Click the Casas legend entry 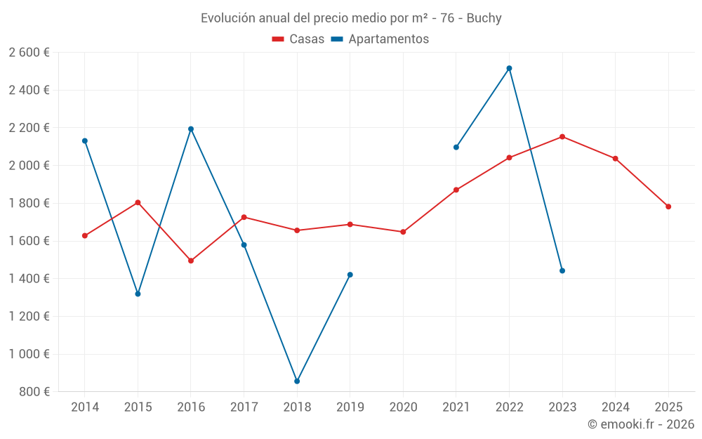tap(298, 39)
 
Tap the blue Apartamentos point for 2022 tap(509, 68)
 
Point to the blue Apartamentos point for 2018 tap(297, 381)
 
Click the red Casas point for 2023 tap(562, 136)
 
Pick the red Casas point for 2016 tap(191, 261)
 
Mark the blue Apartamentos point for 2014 tap(85, 140)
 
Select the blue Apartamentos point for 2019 tap(350, 275)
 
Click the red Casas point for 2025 tap(668, 207)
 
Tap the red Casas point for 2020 tap(403, 232)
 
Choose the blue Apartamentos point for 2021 tap(456, 147)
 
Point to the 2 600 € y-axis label tap(29, 52)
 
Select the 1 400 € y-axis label tap(29, 279)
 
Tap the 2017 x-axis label tap(244, 407)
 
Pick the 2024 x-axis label tap(615, 407)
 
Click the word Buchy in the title tap(484, 18)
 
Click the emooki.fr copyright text tap(640, 424)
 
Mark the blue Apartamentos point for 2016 tap(191, 129)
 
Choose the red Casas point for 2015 tap(138, 202)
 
